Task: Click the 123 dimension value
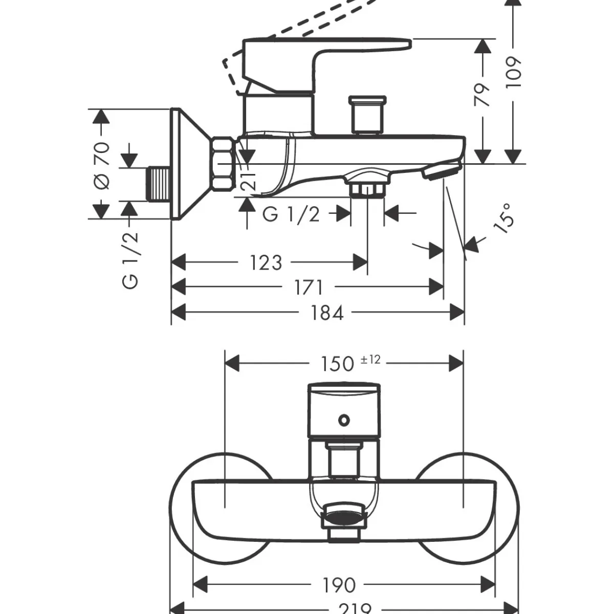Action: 266,262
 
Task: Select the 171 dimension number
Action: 309,288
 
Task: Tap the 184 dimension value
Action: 327,312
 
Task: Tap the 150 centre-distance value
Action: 337,363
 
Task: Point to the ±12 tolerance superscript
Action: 370,359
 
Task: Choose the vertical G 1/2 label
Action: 131,259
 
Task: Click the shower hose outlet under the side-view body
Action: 366,186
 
